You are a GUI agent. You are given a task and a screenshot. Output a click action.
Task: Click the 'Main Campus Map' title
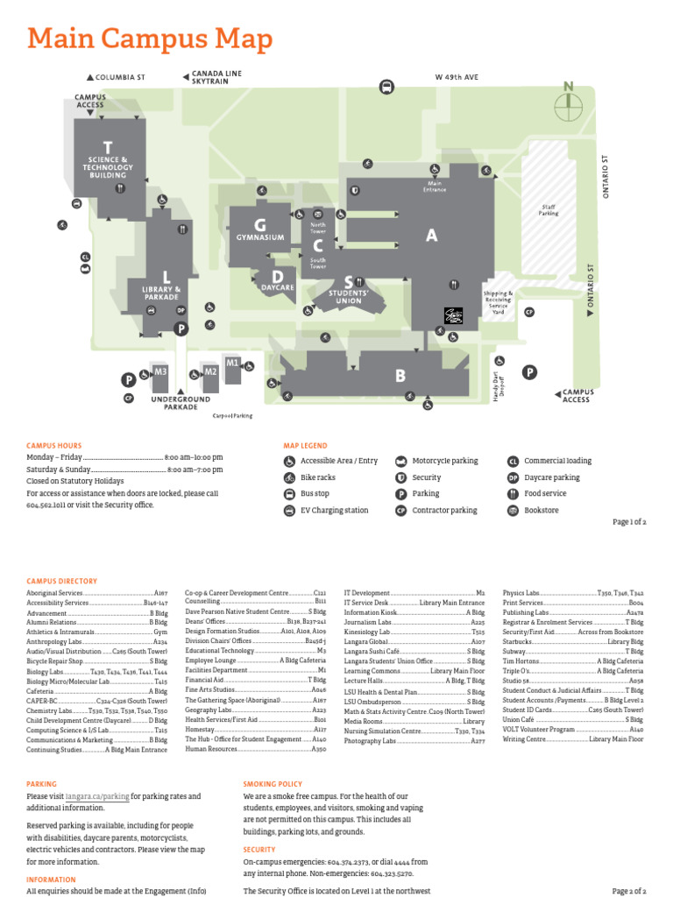(150, 39)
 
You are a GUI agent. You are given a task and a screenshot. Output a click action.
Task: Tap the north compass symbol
(569, 104)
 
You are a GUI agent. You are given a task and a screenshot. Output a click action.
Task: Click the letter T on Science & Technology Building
(107, 146)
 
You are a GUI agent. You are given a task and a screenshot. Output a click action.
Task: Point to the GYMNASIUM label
(259, 237)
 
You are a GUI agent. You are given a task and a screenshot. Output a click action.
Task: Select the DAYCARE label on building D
(277, 286)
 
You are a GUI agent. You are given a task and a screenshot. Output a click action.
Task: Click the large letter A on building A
(431, 235)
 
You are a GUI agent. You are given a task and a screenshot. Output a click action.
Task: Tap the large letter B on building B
(400, 376)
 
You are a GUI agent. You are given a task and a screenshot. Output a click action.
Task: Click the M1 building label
(232, 362)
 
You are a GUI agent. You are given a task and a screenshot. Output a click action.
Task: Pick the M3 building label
(160, 371)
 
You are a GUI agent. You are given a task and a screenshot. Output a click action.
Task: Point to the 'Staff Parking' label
(549, 209)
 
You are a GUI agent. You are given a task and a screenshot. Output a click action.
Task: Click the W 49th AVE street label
(457, 77)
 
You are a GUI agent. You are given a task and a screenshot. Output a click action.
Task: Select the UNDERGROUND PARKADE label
(181, 403)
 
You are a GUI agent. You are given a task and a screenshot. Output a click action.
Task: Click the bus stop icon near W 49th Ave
(386, 86)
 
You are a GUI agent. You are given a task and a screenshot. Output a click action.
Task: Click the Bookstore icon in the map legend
(514, 510)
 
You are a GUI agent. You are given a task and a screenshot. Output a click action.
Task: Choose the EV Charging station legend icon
(289, 510)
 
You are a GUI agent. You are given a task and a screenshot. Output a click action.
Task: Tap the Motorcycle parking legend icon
(401, 461)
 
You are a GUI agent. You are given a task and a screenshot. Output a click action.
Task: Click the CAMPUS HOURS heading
(54, 446)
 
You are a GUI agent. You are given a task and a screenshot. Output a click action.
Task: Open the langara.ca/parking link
(97, 796)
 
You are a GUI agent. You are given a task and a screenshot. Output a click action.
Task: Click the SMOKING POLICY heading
(273, 784)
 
